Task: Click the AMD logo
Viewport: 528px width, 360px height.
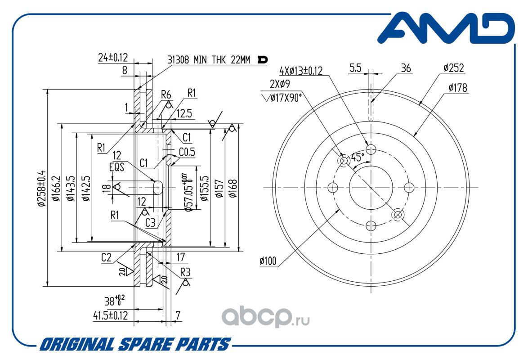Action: tap(446, 30)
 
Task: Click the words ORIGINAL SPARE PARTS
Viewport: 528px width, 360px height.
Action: tap(134, 345)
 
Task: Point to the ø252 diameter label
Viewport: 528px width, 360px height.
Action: tap(453, 68)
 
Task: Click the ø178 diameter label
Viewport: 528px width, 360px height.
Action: tap(458, 88)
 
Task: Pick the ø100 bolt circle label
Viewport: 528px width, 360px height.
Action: tap(268, 260)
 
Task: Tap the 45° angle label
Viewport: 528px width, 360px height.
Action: tap(357, 157)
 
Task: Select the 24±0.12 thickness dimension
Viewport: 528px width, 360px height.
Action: tap(113, 58)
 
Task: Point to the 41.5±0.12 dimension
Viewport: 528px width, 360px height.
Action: tap(110, 316)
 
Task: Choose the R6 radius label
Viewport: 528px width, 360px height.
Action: tap(166, 94)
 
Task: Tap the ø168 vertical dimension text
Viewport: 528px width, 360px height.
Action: tap(233, 188)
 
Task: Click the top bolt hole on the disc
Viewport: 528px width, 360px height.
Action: tap(371, 148)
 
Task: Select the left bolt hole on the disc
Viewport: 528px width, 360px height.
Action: tap(333, 187)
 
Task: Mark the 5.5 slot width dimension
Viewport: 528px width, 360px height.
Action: tap(355, 68)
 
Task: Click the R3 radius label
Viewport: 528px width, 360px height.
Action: tap(186, 272)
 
